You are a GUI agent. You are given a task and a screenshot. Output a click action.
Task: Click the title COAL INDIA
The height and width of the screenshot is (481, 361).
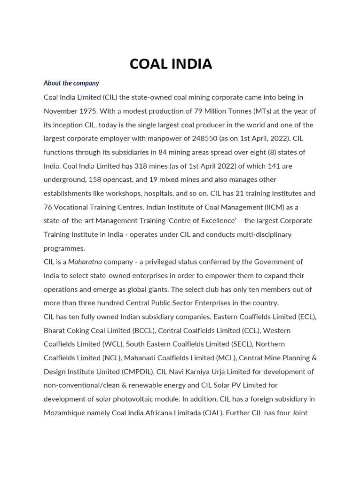click(171, 64)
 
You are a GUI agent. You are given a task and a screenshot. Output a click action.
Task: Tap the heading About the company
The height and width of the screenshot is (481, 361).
click(71, 83)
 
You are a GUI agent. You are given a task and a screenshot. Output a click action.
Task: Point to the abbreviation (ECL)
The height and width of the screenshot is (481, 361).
click(307, 317)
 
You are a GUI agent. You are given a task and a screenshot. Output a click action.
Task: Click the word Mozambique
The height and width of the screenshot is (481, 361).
click(65, 413)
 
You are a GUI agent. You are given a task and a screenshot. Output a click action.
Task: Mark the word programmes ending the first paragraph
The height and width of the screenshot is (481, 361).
click(64, 248)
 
